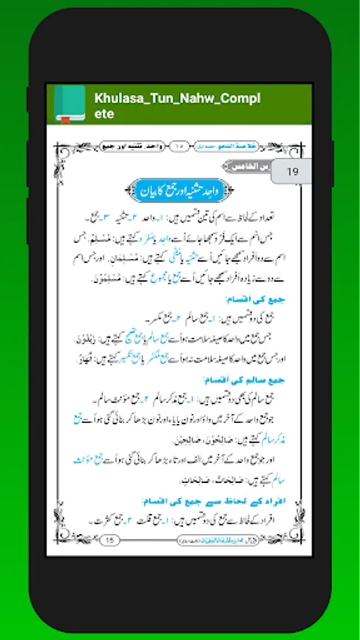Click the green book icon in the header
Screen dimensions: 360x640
70,104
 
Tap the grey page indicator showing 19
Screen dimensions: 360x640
292,171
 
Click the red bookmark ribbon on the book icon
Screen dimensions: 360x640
65,119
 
